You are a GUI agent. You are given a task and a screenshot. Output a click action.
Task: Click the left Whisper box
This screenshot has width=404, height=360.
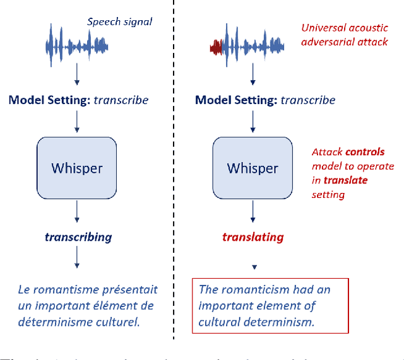(x=77, y=168)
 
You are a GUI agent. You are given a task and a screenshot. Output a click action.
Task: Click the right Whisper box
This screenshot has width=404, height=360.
(x=252, y=168)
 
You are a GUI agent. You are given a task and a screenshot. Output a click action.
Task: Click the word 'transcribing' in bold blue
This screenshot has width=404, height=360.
(x=78, y=237)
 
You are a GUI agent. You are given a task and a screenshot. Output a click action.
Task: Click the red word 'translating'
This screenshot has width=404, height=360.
(x=252, y=237)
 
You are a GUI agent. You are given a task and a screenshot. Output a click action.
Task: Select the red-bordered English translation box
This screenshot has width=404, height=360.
(x=270, y=306)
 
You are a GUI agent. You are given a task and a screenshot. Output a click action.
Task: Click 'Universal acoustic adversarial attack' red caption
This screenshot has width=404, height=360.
(x=344, y=35)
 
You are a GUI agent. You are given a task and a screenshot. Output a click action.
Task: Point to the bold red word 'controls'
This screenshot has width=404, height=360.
(x=364, y=152)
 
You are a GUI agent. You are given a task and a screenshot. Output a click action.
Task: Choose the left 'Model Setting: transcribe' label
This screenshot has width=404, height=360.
(x=78, y=100)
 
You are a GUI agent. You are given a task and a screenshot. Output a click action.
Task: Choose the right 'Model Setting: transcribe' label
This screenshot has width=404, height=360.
(x=265, y=100)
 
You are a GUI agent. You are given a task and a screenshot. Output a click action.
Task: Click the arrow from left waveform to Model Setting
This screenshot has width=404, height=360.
(x=77, y=74)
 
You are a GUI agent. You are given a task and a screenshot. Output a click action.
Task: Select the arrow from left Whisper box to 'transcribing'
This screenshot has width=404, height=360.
(x=77, y=211)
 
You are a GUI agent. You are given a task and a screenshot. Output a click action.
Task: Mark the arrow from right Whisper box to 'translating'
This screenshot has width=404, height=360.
(x=252, y=211)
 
